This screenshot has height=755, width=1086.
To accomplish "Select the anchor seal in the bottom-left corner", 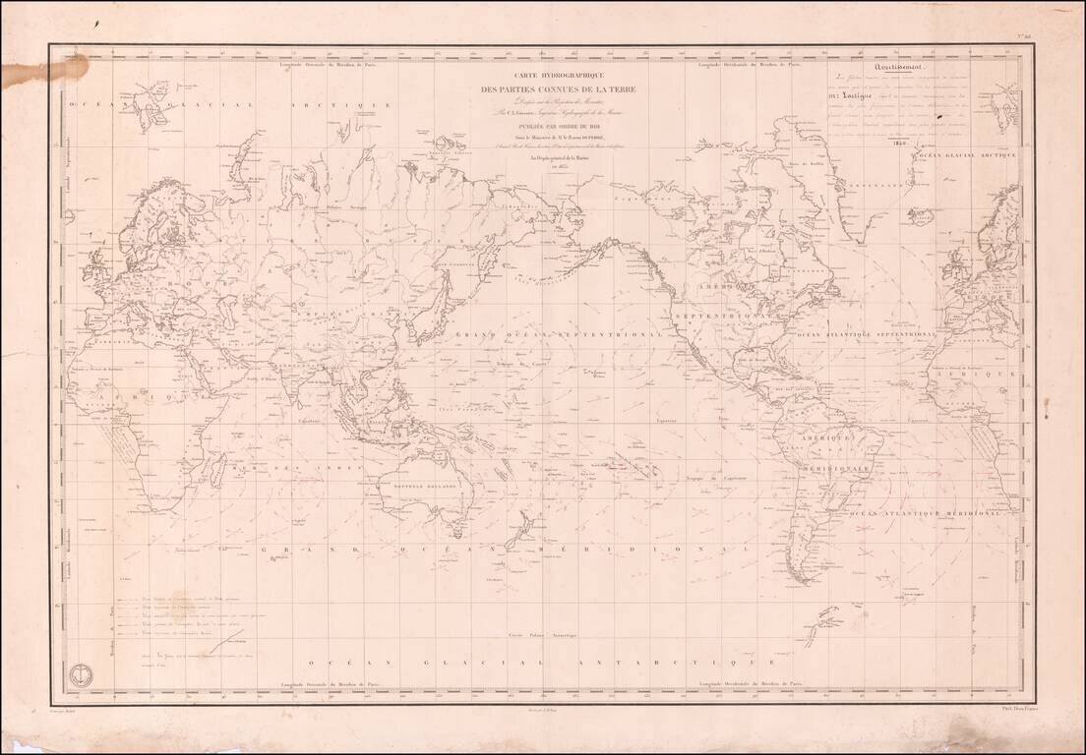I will tap(79, 675).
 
